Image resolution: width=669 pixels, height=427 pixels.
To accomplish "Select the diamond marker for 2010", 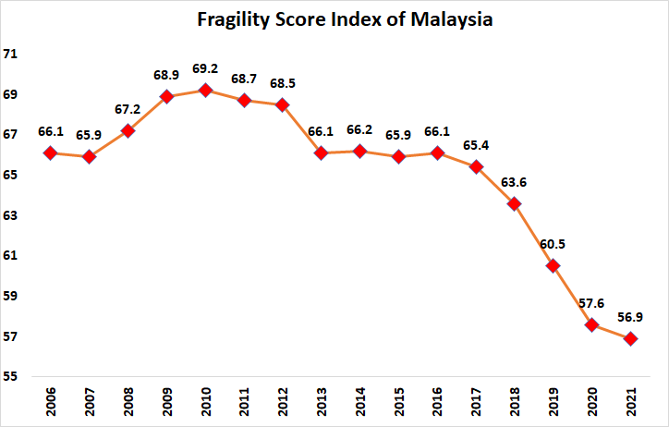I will tap(205, 90).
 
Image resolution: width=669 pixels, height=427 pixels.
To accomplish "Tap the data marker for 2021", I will tap(630, 338).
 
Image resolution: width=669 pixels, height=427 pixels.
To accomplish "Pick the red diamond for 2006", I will tap(51, 152).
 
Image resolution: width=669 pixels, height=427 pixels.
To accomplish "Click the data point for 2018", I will tap(514, 203).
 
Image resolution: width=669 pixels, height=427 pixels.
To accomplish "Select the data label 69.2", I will tap(205, 68).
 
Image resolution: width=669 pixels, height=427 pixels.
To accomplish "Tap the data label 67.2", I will tap(128, 109).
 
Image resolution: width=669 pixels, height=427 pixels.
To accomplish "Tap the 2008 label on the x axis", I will tap(128, 402).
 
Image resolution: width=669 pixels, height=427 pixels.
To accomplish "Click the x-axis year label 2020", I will tap(592, 402).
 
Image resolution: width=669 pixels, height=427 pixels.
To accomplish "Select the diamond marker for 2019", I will tap(553, 265).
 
